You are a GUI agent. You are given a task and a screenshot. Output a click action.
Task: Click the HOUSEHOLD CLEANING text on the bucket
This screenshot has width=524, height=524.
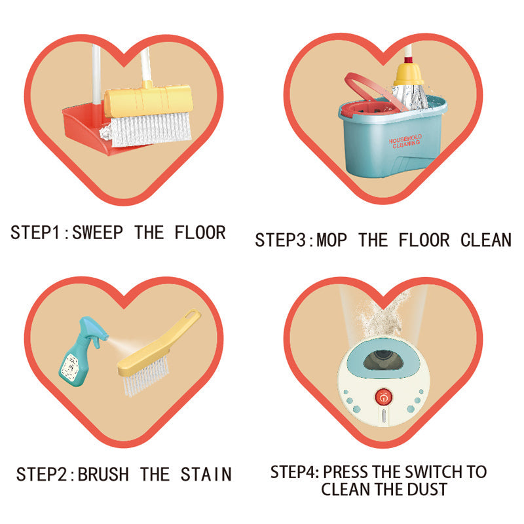(x=405, y=141)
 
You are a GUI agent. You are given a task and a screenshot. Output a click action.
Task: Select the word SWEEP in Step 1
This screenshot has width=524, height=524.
(x=98, y=233)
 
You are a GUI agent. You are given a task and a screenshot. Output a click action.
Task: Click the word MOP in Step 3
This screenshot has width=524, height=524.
(x=331, y=240)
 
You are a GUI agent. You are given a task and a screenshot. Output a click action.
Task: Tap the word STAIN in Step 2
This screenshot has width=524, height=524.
(x=206, y=474)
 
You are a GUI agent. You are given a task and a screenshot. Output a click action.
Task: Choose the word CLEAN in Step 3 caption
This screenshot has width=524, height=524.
(x=486, y=240)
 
